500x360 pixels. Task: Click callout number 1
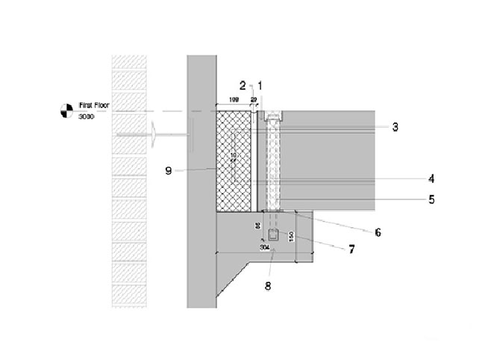[x=260, y=84]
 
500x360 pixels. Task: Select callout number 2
[x=243, y=84]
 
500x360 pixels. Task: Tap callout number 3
[x=396, y=127]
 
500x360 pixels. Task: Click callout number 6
[x=378, y=232]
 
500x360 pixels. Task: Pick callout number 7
[x=351, y=249]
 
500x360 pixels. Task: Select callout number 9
[x=169, y=170]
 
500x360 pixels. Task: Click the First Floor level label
[x=94, y=107]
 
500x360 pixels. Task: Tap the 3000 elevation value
[x=89, y=117]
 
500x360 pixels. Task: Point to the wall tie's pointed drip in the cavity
[x=154, y=136]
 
